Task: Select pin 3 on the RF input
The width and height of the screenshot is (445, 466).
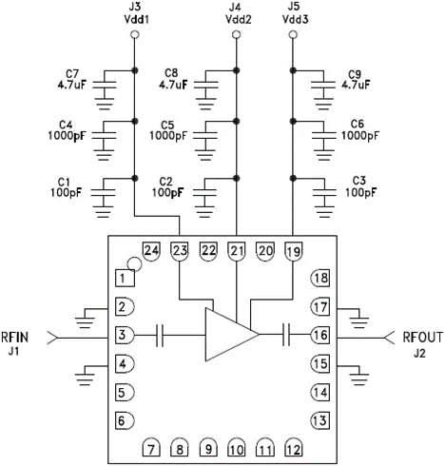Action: coord(124,334)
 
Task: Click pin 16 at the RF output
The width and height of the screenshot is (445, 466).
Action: coord(321,334)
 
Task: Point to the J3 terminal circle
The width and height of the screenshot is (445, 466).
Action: coord(134,36)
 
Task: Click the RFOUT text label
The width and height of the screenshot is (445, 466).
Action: coord(419,335)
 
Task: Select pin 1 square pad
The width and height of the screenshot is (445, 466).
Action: coord(124,278)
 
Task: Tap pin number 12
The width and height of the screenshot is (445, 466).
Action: coord(293,449)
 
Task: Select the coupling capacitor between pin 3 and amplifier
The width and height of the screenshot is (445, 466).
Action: coord(163,334)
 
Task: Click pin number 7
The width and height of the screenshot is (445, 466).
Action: coord(151,449)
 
